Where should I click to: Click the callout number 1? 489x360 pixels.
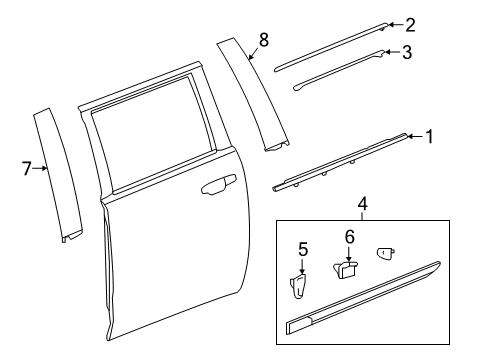point(430,137)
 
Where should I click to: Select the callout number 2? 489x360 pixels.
point(410,25)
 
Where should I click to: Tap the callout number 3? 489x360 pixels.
point(407,52)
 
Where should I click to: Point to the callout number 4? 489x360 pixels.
point(362,204)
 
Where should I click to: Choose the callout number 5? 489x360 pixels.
point(303,250)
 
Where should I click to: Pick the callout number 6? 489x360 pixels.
point(349,237)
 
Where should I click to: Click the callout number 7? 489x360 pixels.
point(27,168)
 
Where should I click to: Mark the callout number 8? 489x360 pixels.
point(263,40)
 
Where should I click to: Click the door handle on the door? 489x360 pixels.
point(219,184)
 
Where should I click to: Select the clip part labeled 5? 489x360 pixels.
point(299,285)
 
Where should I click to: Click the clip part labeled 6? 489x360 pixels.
point(345,270)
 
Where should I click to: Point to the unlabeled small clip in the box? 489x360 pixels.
point(386,253)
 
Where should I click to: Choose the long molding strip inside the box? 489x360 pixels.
point(363,298)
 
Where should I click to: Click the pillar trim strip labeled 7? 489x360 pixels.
point(58,175)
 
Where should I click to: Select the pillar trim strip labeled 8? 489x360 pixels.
point(253,95)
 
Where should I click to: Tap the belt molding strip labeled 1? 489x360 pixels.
point(340,162)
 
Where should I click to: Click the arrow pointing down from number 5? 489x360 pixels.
point(302,267)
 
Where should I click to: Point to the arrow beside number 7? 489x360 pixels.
point(40,168)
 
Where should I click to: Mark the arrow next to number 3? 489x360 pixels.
point(392,52)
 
